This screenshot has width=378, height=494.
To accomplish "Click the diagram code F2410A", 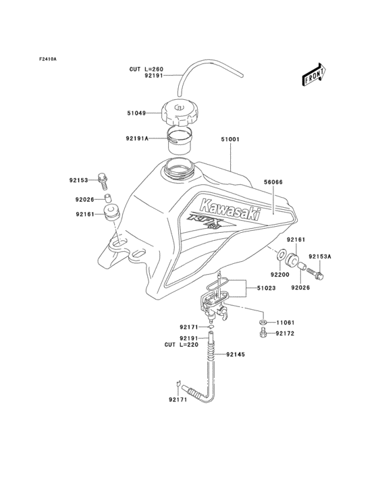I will pyautogui.click(x=47, y=59).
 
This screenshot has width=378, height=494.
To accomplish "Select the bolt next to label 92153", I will pyautogui.click(x=103, y=179).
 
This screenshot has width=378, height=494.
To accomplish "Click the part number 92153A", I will pyautogui.click(x=321, y=256).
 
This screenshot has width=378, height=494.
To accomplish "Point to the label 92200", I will pyautogui.click(x=280, y=275).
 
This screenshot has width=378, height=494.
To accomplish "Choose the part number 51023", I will pyautogui.click(x=266, y=289).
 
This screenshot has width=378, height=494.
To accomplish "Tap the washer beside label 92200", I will pyautogui.click(x=279, y=257).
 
